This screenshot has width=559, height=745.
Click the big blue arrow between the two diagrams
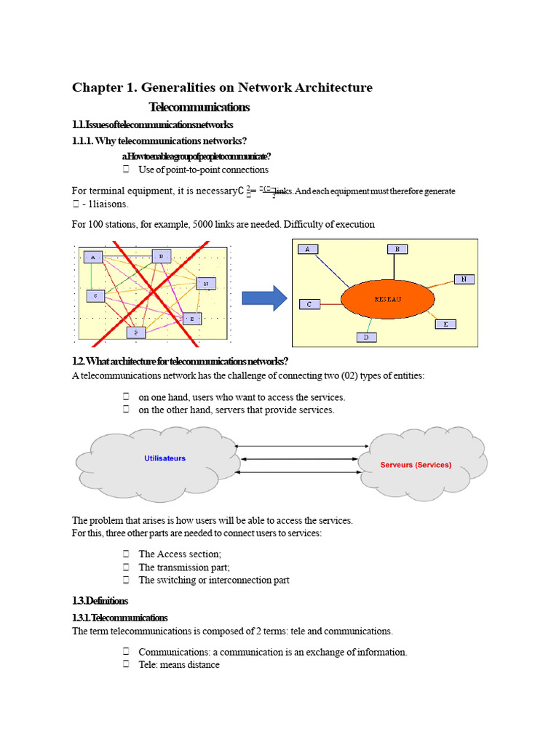pos(264,298)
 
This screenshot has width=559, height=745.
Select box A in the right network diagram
pos(308,249)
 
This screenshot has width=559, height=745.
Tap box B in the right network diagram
pos(397,249)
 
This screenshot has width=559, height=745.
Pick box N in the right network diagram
pos(464,279)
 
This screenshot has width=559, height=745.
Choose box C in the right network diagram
pos(309,304)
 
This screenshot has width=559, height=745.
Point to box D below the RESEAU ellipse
pos(367,337)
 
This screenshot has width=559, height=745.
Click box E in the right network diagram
pos(445,324)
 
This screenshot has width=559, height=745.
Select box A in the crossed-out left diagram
pos(93,257)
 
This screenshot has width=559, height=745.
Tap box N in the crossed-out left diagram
pos(206,284)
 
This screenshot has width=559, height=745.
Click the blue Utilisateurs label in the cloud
pos(164,458)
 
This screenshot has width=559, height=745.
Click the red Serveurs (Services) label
pos(416,465)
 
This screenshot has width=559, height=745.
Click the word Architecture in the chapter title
pos(333,87)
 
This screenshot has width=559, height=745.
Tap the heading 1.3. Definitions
pos(100,601)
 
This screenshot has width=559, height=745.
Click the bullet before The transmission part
pos(125,567)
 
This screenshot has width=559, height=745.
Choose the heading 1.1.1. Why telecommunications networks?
pos(159,140)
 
